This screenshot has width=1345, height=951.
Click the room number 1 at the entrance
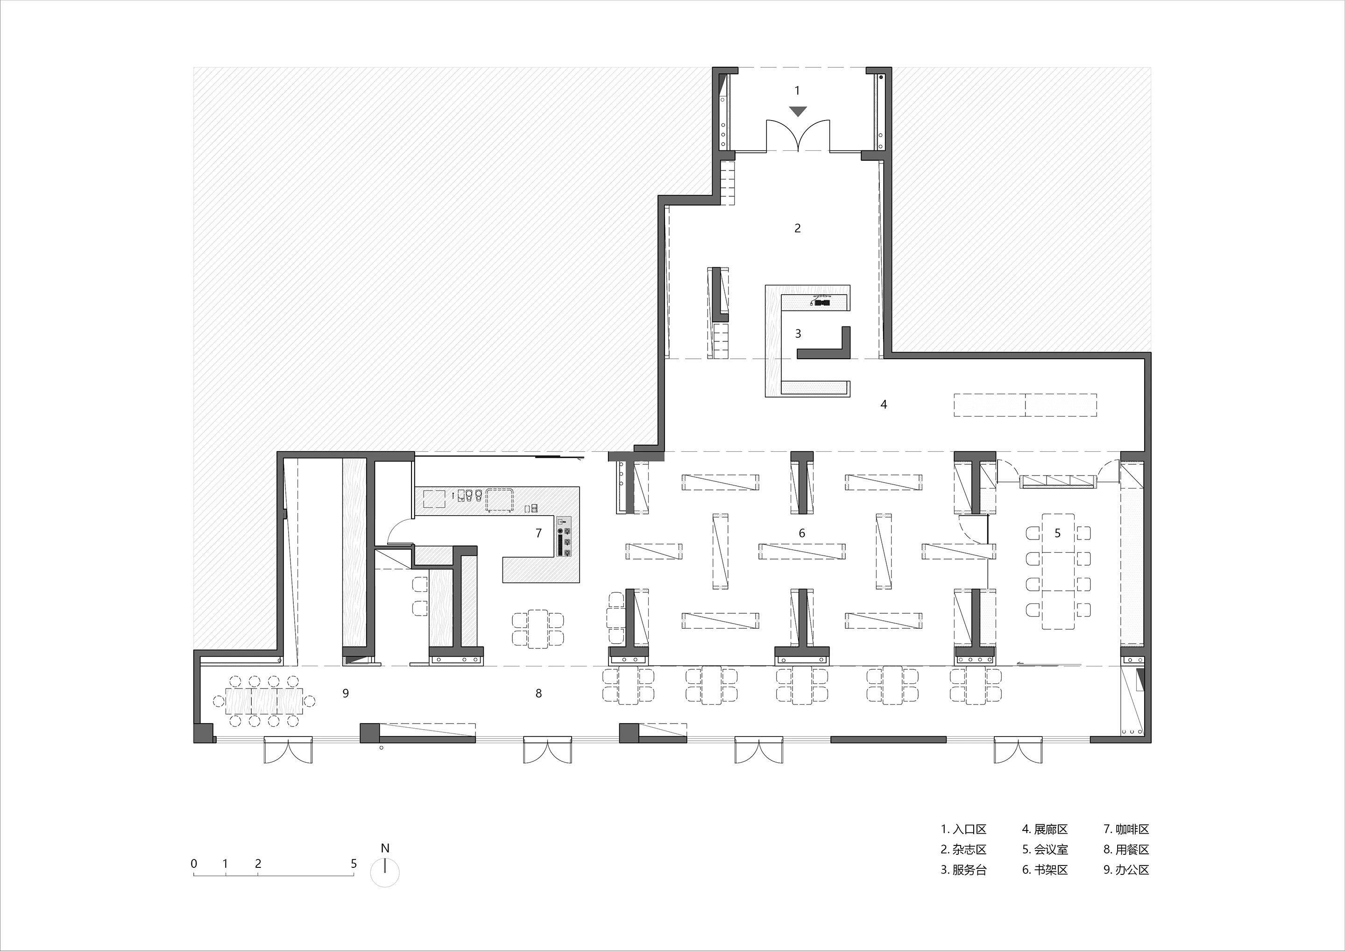(x=797, y=91)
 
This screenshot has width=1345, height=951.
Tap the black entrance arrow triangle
(x=798, y=111)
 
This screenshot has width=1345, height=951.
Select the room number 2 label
(x=797, y=228)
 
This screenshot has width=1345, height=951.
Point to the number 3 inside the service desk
(x=797, y=334)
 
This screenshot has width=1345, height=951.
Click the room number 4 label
(x=884, y=405)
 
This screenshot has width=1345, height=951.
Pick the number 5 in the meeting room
(x=1057, y=533)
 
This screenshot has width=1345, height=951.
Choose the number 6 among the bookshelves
(x=802, y=533)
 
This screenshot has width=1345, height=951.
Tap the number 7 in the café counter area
(x=539, y=533)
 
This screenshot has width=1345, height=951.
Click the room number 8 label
(x=538, y=693)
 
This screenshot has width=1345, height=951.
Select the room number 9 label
(x=346, y=693)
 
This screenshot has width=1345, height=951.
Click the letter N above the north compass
(x=385, y=848)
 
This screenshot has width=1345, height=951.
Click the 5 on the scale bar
(x=353, y=864)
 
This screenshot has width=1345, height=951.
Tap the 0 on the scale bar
(x=194, y=864)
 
